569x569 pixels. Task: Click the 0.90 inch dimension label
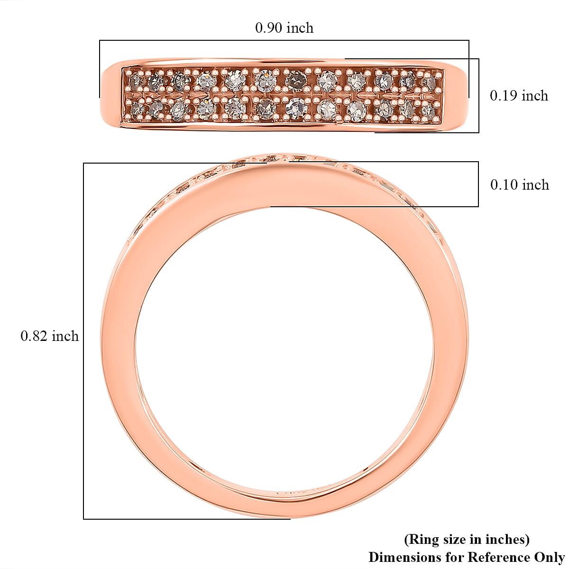[284, 28]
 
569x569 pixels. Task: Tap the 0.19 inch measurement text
[519, 96]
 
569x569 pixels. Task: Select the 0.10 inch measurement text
[519, 184]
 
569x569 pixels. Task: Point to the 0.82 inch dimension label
[49, 336]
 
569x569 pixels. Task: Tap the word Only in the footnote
[550, 557]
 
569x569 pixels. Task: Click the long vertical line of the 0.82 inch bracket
[83, 341]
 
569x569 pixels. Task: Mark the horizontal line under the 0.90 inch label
[284, 40]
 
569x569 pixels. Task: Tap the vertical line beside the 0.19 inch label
[478, 96]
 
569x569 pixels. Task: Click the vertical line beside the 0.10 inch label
[478, 184]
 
